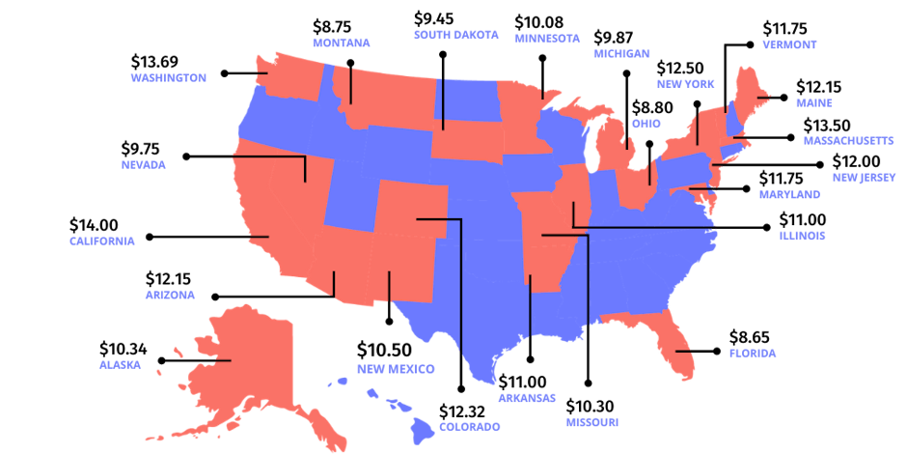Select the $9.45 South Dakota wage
click(434, 18)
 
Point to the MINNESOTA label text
click(547, 39)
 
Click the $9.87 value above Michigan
click(616, 38)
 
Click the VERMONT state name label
click(789, 44)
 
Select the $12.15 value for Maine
click(819, 86)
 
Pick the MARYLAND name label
click(788, 194)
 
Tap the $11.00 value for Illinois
click(803, 219)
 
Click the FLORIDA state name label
click(753, 354)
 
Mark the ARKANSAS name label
click(527, 397)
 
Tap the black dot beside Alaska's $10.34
click(160, 360)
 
